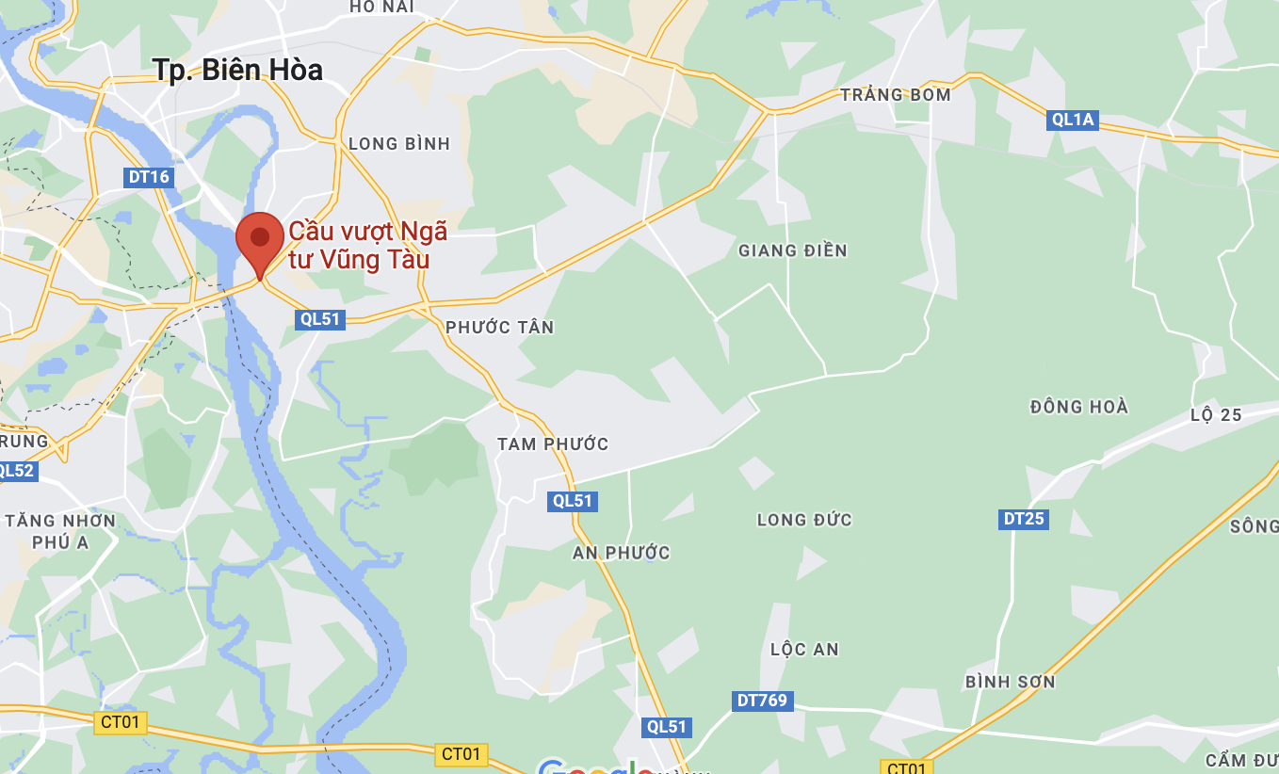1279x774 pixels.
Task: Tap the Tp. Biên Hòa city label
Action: click(237, 70)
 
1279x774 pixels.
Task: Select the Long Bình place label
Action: click(399, 144)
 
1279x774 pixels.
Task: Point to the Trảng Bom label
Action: click(896, 95)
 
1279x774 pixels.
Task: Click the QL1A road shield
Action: click(1074, 120)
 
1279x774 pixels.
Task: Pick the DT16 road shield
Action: click(149, 177)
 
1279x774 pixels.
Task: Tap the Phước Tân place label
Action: click(500, 328)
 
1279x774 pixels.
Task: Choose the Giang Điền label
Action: click(793, 250)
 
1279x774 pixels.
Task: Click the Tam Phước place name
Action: click(553, 444)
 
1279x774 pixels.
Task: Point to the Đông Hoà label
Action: click(1079, 407)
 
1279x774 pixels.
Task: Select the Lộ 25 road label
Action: click(1216, 415)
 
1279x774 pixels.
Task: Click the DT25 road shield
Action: click(1024, 519)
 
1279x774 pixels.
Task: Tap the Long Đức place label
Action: click(804, 520)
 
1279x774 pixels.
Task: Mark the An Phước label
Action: click(622, 553)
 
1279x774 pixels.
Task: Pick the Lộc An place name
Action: click(804, 650)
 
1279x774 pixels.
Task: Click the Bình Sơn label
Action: click(1011, 682)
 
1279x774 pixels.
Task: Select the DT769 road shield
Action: click(762, 701)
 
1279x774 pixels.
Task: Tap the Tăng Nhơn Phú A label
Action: click(60, 531)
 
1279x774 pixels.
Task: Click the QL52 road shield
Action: click(17, 471)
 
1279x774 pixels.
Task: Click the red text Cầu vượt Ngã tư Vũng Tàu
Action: click(367, 245)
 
